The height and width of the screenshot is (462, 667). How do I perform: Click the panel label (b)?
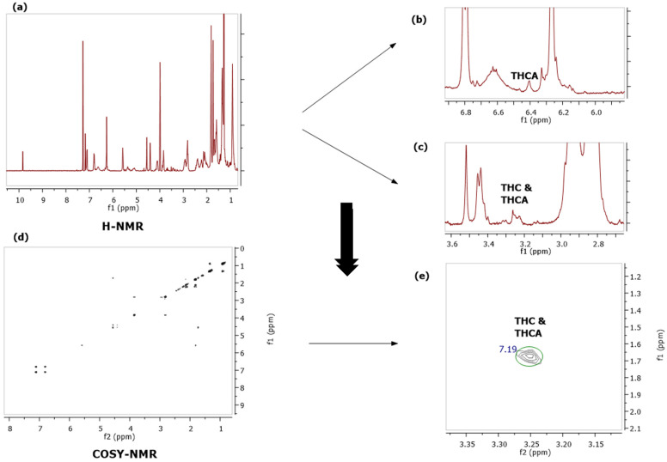[421, 18]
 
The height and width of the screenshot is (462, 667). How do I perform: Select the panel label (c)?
[421, 147]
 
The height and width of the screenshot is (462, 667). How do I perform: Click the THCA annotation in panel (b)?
[524, 76]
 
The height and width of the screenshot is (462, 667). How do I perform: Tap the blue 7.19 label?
[508, 350]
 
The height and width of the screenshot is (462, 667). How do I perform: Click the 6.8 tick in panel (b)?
[466, 112]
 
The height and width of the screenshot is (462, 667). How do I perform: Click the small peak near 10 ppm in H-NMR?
[22, 160]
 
